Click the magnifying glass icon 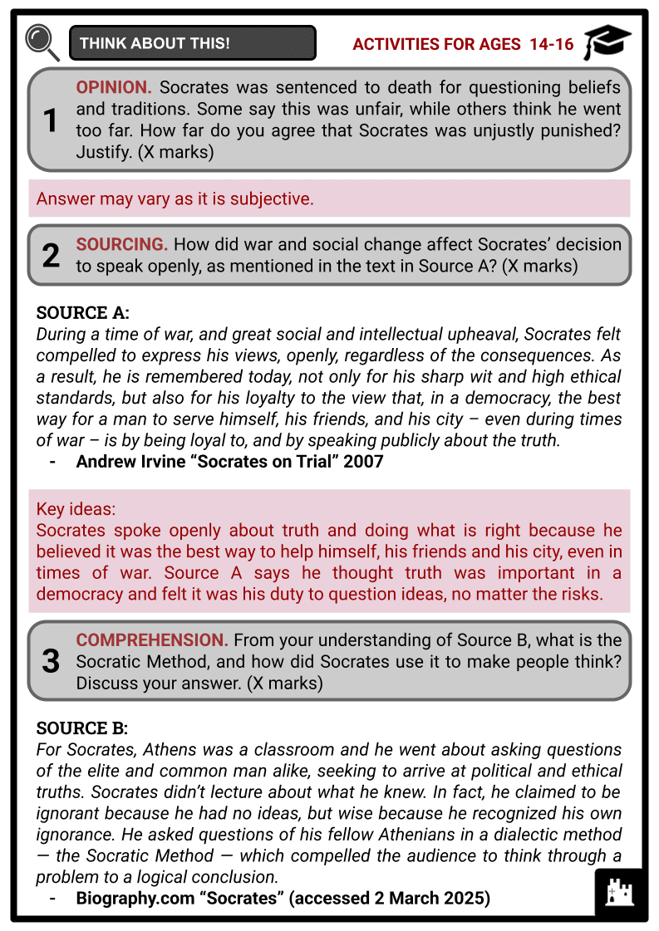click(x=42, y=42)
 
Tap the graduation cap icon click(x=607, y=42)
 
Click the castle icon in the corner click(x=620, y=893)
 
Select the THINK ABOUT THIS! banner click(x=193, y=43)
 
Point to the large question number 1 click(x=51, y=121)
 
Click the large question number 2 click(x=51, y=256)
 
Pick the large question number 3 click(x=51, y=661)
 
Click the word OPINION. click(x=114, y=88)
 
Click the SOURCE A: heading click(x=83, y=313)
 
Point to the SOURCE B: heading click(x=82, y=728)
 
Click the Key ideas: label click(x=76, y=510)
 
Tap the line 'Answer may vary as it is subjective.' click(x=175, y=199)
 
